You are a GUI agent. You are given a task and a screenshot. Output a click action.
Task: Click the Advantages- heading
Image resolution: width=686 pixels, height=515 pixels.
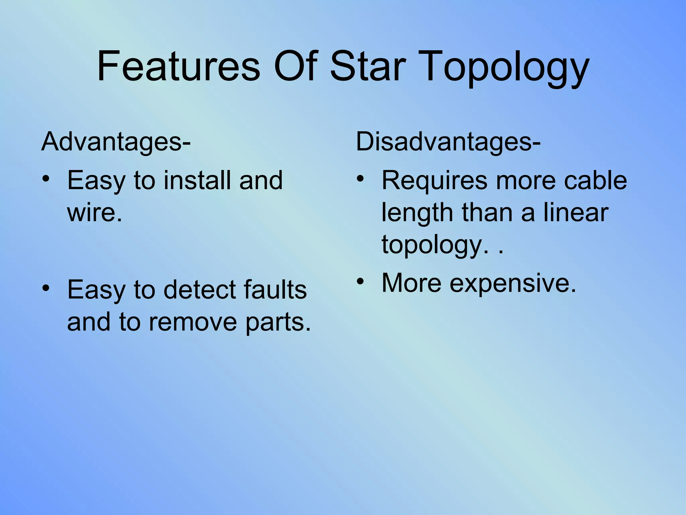[116, 141]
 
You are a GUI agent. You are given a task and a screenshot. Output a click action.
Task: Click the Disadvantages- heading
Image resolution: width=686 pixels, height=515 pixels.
[448, 141]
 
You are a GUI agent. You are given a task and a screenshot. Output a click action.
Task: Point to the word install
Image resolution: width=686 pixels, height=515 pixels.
[197, 180]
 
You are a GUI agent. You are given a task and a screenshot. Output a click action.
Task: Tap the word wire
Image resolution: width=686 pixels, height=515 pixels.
[94, 213]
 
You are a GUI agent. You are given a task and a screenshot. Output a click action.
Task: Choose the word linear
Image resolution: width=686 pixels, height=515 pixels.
[575, 213]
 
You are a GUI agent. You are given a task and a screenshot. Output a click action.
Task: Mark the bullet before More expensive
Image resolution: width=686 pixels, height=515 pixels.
[360, 281]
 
